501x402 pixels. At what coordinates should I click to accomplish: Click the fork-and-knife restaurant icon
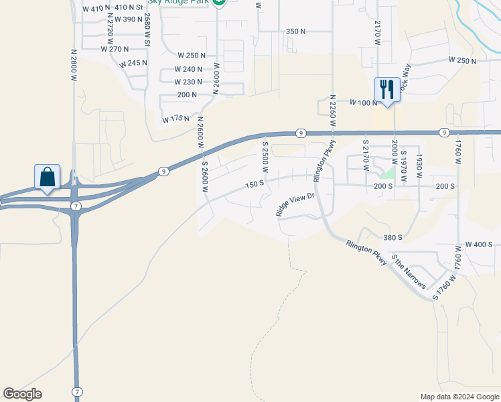(x=387, y=88)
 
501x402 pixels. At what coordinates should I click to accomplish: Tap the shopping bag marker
(x=47, y=178)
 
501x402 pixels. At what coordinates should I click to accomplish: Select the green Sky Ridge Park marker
(x=219, y=2)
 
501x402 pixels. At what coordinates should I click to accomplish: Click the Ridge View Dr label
(x=295, y=204)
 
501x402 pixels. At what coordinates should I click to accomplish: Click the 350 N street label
(x=295, y=31)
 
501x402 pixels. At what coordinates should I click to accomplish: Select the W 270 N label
(x=114, y=49)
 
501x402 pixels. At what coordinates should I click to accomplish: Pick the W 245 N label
(x=133, y=63)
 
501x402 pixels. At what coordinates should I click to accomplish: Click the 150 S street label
(x=256, y=184)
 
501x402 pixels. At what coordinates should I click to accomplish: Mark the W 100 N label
(x=364, y=103)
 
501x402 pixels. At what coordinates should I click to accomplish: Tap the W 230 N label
(x=188, y=82)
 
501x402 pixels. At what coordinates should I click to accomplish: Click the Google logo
(x=22, y=394)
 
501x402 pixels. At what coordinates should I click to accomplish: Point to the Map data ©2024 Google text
(x=459, y=397)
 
